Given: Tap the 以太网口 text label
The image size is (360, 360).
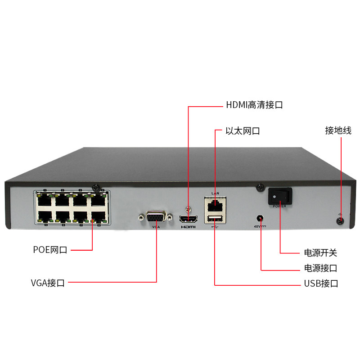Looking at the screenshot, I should click(x=243, y=131).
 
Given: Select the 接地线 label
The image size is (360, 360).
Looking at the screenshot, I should click(x=338, y=131).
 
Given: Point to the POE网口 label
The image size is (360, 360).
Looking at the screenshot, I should click(x=50, y=250).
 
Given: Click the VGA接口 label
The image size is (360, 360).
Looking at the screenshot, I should click(x=48, y=283).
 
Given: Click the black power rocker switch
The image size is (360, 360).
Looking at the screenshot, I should click(x=280, y=196).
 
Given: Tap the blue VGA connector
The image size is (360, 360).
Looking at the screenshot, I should click(x=156, y=217).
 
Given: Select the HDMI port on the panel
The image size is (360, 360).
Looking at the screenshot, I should click(x=189, y=219).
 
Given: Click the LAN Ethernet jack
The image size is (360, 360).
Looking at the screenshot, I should click(x=215, y=203).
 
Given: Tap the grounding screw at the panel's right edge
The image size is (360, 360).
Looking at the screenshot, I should click(x=340, y=221).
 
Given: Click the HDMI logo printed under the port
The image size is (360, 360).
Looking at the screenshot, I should click(x=189, y=227).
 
